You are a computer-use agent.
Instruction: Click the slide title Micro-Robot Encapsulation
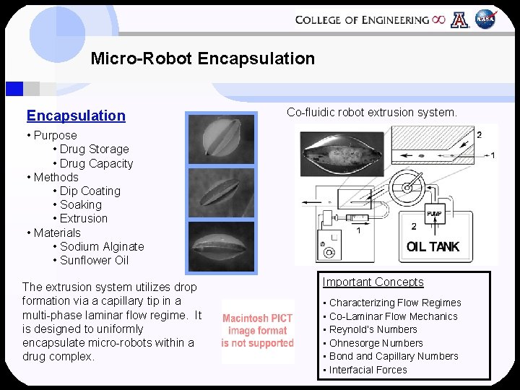(x=203, y=58)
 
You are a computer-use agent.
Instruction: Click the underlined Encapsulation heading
(x=76, y=116)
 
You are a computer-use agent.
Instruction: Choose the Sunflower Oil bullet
(x=94, y=260)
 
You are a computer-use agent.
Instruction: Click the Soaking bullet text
(x=80, y=204)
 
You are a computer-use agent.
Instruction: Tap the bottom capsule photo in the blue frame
(x=222, y=246)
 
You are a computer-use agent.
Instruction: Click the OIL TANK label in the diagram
(x=433, y=247)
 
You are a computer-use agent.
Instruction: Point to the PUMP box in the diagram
(x=435, y=214)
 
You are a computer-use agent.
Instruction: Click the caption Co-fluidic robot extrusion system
(x=372, y=113)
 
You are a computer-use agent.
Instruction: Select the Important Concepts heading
(x=373, y=282)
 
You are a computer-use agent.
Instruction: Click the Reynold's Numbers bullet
(x=373, y=329)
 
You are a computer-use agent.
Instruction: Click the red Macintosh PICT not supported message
(x=258, y=331)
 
